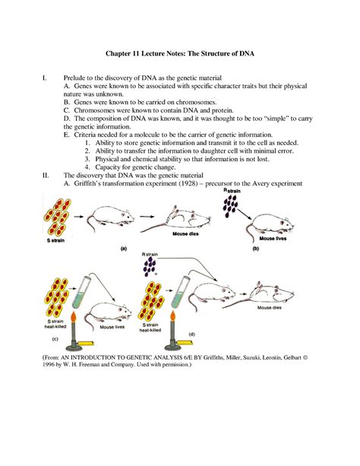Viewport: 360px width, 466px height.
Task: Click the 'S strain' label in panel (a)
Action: coord(55,240)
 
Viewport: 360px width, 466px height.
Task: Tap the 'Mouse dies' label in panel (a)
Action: coord(185,234)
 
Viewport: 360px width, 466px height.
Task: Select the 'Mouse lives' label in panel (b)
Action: coord(273,239)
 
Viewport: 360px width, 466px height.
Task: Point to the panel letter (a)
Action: coord(123,249)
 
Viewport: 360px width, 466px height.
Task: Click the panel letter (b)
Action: coord(256,249)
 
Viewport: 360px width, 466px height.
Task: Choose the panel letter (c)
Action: coord(55,339)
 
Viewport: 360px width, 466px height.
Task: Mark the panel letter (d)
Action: coord(192,334)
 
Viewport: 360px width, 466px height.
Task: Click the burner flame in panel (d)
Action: coord(172,318)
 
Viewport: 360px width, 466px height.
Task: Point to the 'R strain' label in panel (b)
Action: coord(232,191)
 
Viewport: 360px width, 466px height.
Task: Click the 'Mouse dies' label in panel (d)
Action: coord(269,308)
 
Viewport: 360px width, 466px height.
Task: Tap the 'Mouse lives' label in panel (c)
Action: coord(112,327)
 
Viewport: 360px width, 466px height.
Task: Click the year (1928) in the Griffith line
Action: coord(188,183)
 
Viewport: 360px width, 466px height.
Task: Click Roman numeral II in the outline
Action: coord(46,176)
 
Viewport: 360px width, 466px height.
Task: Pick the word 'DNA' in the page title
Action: coord(248,53)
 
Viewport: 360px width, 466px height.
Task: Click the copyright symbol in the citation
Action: coord(305,357)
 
